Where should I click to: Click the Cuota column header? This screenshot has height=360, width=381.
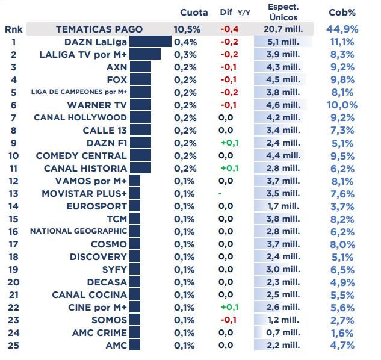point(194,13)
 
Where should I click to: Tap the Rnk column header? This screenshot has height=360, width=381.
point(13,29)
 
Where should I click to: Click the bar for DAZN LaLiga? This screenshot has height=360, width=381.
point(150,42)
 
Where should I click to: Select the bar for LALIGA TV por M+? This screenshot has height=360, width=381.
point(145,54)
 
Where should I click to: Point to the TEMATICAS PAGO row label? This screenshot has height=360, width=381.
point(99,29)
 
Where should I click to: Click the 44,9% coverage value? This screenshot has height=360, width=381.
point(342,29)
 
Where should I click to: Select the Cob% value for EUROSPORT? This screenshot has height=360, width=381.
point(342,206)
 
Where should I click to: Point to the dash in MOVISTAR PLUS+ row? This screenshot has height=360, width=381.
point(220,194)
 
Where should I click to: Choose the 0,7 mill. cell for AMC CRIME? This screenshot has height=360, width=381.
point(283,333)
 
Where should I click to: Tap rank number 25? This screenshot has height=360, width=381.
point(13,346)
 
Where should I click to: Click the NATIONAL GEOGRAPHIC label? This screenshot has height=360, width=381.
point(78,231)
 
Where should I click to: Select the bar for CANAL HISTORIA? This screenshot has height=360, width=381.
point(140,168)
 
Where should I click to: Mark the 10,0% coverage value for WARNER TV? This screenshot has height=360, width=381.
point(342,105)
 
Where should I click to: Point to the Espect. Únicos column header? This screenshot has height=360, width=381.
point(283,12)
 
